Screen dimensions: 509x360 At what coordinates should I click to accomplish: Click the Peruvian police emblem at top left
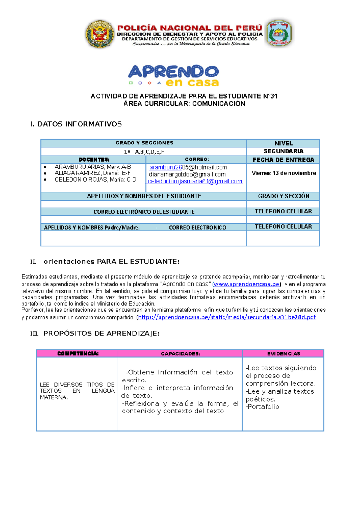pos(100,34)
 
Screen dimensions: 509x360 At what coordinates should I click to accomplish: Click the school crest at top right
pos(279,34)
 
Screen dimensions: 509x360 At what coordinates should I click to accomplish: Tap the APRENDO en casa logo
pos(173,76)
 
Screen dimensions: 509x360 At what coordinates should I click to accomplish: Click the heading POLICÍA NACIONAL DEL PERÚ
pos(190,28)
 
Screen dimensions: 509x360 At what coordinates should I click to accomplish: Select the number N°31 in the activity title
pos(270,96)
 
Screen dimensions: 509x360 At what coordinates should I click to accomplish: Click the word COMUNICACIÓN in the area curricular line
pos(219,104)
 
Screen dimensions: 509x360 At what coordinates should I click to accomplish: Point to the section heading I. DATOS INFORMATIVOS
pos(76,124)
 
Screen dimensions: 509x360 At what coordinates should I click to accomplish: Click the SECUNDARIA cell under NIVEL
pos(283,151)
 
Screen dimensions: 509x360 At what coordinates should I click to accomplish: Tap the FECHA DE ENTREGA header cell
pos(283,160)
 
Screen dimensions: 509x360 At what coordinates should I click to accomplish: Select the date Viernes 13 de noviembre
pos(283,173)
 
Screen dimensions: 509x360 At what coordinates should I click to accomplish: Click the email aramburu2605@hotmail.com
pos(188,167)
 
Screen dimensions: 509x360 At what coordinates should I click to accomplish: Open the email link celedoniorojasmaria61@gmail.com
pos(195,181)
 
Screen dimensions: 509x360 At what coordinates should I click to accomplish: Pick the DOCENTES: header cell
pos(94,159)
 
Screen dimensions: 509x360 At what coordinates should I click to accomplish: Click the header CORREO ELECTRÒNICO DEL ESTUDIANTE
pos(144,212)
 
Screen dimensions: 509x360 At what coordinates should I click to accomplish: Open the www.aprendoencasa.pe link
pos(246,284)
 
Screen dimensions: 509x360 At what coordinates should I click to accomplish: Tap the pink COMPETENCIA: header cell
pos(77,353)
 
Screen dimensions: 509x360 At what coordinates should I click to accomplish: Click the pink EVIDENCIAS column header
pos(283,353)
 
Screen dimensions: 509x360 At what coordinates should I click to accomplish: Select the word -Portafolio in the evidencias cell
pos(262,407)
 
